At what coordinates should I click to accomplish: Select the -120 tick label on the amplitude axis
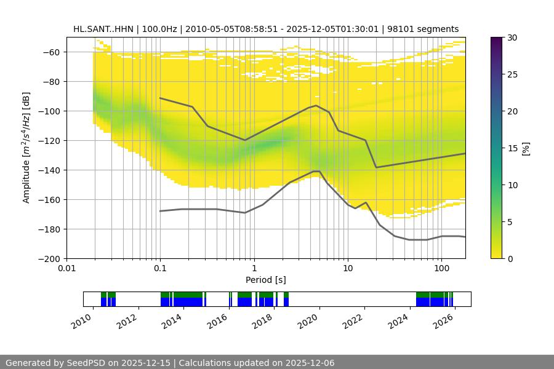coord(51,141)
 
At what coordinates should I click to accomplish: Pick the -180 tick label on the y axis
coord(51,229)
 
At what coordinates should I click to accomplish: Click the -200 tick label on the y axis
coord(51,259)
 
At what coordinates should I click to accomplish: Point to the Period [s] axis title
coord(266,280)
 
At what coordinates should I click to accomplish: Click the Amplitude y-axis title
coord(26,148)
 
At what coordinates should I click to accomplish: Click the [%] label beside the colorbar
coord(526,148)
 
